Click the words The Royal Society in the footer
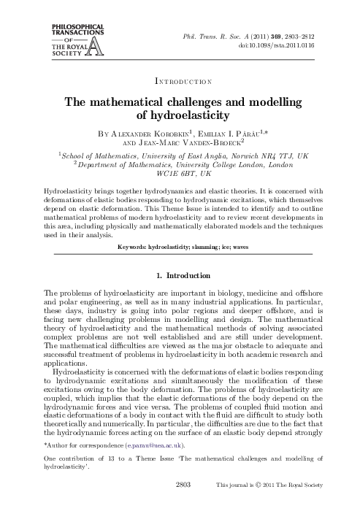(x=321, y=504)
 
